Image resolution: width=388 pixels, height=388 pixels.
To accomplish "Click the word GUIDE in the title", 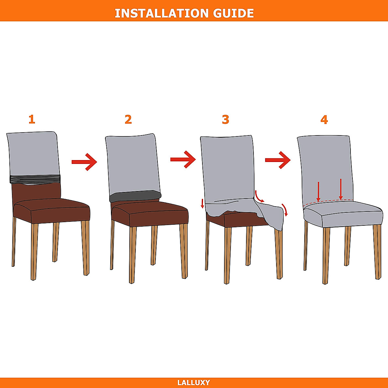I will pos(233,13).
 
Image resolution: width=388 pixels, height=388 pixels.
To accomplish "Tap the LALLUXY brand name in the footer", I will pos(194,383).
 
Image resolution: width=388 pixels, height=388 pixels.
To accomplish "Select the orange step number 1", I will pos(32,119).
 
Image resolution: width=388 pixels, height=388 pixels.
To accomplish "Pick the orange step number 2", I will pos(128,119).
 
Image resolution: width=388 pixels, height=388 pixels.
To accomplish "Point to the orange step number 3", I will pos(225,120).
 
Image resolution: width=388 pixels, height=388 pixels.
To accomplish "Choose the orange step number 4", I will pos(324,120).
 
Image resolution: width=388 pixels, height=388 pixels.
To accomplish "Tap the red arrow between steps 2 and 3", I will pos(183,159).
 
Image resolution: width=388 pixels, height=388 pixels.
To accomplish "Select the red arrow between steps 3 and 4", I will pos(278,160).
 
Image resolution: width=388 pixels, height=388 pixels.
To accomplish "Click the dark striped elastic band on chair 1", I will pos(35,179).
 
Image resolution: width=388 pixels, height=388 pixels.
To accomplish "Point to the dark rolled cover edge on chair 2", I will pos(135,196).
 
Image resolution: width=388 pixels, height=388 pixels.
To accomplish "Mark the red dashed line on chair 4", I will pos(328,202).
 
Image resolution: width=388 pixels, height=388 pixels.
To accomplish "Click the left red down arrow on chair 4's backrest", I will pos(318,192).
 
